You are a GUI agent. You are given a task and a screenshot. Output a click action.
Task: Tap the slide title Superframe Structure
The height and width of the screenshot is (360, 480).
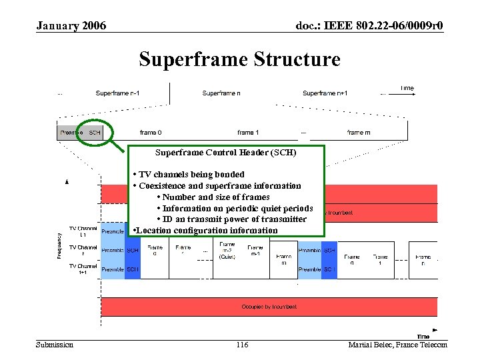(x=239, y=59)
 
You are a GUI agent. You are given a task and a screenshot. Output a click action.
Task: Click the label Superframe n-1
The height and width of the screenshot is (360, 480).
(x=117, y=93)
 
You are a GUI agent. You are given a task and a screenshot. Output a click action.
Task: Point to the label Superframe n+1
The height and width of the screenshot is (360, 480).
(x=325, y=93)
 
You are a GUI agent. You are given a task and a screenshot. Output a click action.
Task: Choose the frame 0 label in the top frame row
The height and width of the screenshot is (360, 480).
(x=150, y=133)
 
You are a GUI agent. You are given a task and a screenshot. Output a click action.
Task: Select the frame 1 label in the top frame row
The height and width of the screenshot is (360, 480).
(x=248, y=133)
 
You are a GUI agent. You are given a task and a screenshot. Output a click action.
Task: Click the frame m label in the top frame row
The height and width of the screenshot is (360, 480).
(x=358, y=133)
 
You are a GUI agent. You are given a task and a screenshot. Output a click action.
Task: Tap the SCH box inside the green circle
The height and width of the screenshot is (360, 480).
(x=95, y=133)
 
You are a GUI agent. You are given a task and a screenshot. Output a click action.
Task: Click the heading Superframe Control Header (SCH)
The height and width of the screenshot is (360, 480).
(x=225, y=153)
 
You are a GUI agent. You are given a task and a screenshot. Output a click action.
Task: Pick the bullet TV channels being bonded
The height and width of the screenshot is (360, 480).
(x=191, y=175)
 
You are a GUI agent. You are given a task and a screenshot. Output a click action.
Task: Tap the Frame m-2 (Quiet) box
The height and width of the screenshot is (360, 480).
(x=227, y=251)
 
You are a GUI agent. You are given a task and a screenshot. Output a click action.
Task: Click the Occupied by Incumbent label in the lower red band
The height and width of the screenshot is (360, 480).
(x=269, y=307)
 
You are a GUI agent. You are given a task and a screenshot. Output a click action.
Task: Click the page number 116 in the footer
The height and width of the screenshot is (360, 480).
(x=242, y=345)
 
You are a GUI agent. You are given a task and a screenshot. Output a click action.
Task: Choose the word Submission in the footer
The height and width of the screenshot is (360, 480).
(x=55, y=345)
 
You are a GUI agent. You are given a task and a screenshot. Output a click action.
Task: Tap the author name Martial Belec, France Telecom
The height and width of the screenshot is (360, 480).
(x=397, y=345)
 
